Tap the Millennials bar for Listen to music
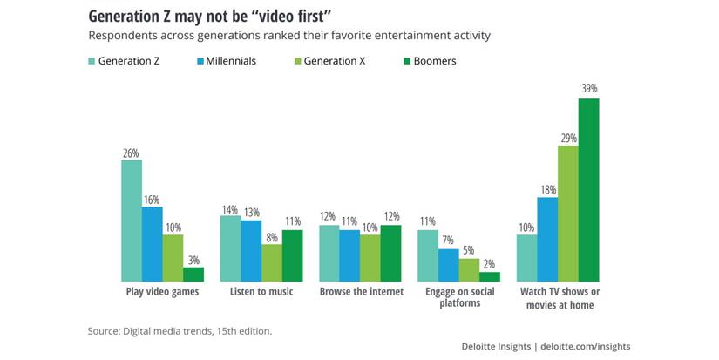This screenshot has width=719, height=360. pos(251,250)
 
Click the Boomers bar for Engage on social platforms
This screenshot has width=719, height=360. pos(490,276)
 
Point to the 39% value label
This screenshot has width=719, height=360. pos(589,89)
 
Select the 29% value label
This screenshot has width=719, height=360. pos(568,137)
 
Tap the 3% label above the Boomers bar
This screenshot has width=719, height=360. pos(193,259)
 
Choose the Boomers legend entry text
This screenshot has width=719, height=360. pos(436,62)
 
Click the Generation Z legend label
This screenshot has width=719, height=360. pos(129,62)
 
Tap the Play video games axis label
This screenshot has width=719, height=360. pos(163,292)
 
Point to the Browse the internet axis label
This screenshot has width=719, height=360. pos(361,292)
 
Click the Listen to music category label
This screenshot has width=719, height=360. pos(261,292)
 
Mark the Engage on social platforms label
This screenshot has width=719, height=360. pos(459,298)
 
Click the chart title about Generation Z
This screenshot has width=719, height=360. pos(210,17)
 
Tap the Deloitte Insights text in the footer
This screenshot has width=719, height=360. pos(496,347)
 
